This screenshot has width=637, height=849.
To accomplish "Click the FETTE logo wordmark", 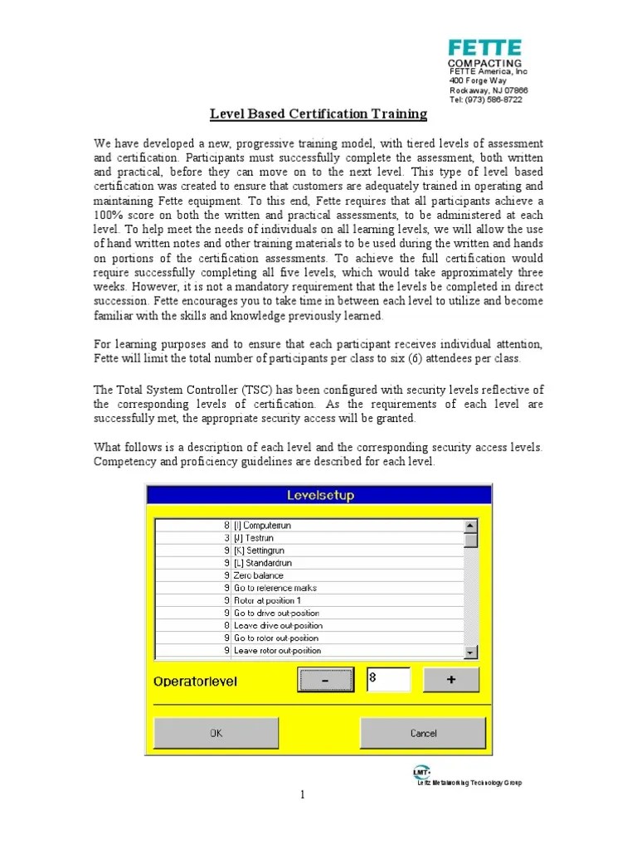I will pos(485,47).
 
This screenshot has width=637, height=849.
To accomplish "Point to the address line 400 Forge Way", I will pos(478,81).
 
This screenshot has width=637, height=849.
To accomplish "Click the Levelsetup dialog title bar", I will pos(320,495).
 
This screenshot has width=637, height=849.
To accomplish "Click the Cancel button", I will pos(423,733).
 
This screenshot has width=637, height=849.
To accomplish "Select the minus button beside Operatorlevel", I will pos(324,680).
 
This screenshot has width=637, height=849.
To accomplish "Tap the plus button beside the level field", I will pos(450,680).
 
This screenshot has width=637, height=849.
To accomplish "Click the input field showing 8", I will pos(388,680).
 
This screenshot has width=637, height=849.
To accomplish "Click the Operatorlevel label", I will pos(196,682).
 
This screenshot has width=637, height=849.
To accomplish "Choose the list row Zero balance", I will pos(259,575).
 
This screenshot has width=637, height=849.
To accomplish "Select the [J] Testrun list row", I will pos(254,538).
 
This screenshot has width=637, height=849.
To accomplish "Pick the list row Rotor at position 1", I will pos(267,600).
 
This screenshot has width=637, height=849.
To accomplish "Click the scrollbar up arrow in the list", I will pos(471,526).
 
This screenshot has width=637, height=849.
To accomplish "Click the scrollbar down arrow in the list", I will pos(471,653).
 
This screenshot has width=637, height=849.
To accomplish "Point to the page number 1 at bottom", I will pos(304,795).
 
